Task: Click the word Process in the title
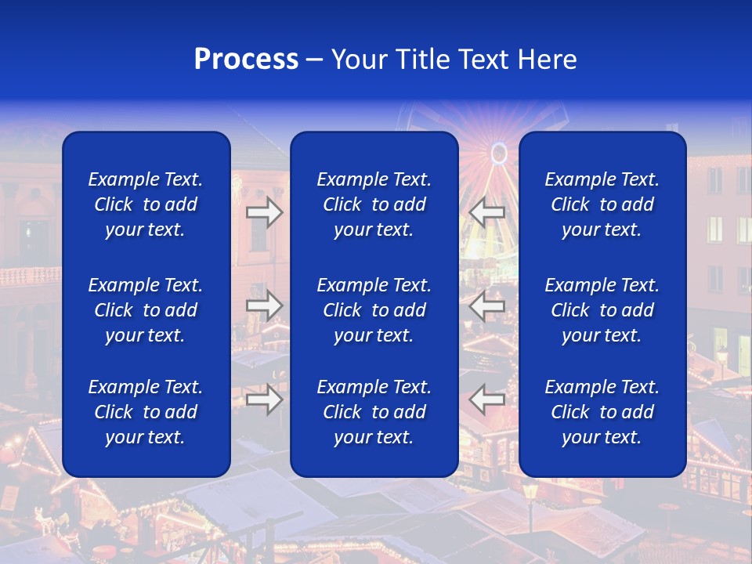[x=246, y=60]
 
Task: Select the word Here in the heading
[x=547, y=60]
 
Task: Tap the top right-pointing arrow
[x=264, y=211]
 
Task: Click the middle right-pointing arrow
[x=264, y=305]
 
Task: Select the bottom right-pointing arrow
[x=264, y=399]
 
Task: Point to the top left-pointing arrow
[x=486, y=211]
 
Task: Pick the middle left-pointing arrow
[x=486, y=305]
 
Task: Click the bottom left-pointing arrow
[x=486, y=399]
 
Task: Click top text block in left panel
[x=146, y=204]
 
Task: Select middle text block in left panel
[x=146, y=310]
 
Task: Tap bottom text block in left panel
[x=146, y=412]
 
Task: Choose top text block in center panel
[x=374, y=204]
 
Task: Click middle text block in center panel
[x=374, y=310]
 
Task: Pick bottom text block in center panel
[x=374, y=412]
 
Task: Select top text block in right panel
[x=602, y=204]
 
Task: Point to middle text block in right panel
[x=602, y=310]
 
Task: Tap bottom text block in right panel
[x=602, y=412]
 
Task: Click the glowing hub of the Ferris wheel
[x=499, y=153]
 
